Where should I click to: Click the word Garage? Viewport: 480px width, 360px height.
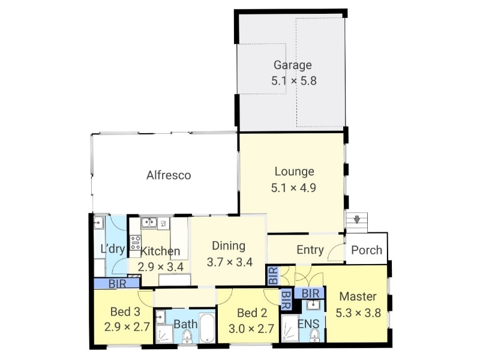click(x=292, y=65)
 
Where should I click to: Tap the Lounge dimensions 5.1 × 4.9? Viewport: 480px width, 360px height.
click(x=293, y=188)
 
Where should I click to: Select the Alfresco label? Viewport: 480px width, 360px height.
click(x=169, y=175)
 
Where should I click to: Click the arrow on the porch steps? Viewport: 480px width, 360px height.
click(x=357, y=220)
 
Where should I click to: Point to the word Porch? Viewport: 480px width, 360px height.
click(x=367, y=250)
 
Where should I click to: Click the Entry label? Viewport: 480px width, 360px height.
click(x=310, y=250)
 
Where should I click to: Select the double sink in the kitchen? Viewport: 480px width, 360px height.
click(x=149, y=223)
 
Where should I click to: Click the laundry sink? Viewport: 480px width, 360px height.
click(x=98, y=223)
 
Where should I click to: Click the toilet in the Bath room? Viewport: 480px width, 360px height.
click(x=187, y=337)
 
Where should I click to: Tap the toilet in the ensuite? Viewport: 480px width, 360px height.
click(x=313, y=335)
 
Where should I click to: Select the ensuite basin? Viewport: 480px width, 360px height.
click(x=313, y=305)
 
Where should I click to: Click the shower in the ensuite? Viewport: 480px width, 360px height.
click(x=290, y=328)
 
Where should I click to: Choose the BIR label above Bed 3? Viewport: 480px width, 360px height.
click(x=117, y=284)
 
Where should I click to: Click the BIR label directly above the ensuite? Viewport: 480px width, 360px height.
click(x=310, y=293)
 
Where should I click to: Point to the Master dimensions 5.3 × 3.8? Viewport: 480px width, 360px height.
click(x=358, y=313)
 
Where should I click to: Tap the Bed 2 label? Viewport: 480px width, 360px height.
click(x=252, y=313)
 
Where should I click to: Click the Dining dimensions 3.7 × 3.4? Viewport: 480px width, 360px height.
click(x=230, y=262)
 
